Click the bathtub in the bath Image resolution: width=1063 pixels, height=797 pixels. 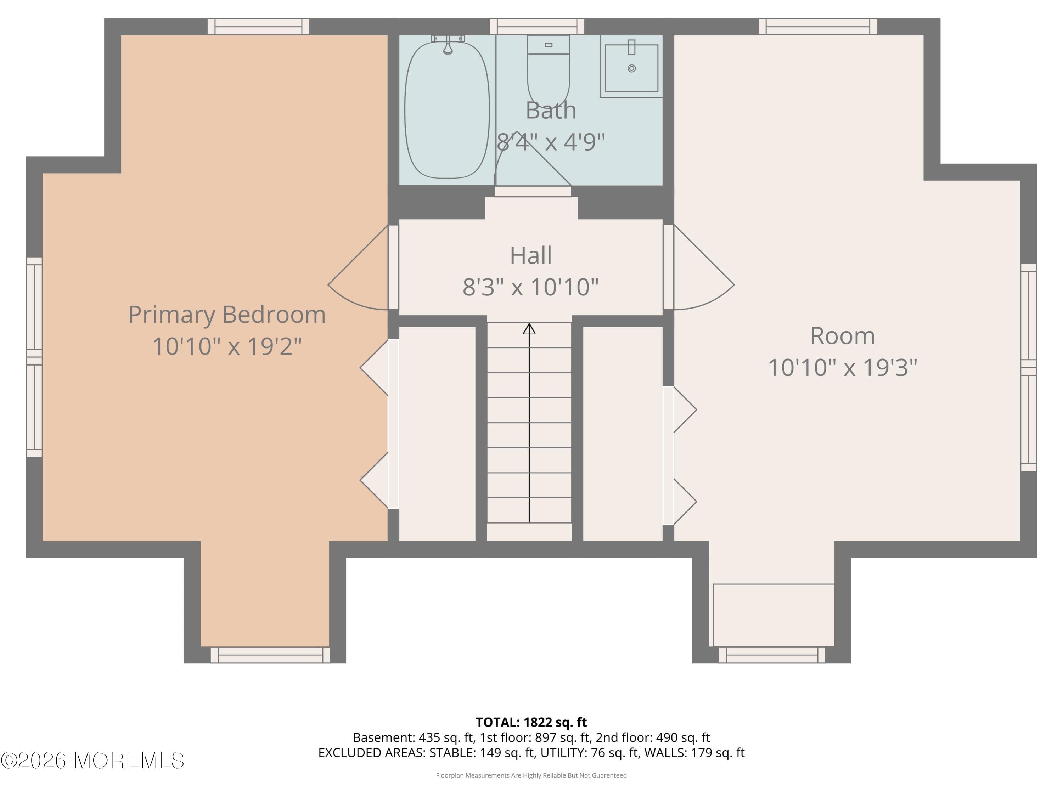coord(446,111)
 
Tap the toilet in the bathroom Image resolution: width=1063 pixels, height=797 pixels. coord(548,72)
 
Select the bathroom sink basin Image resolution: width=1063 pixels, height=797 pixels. coord(631,68)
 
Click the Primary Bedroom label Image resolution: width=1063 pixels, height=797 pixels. coord(227,315)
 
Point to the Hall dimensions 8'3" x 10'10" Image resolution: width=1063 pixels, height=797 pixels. coord(530,287)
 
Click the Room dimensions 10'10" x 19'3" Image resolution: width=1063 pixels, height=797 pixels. coord(842,368)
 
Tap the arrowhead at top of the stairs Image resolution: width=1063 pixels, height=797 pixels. coord(529,329)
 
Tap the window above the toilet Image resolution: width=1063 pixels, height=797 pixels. coord(537,27)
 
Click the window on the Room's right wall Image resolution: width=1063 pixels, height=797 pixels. coord(1028,368)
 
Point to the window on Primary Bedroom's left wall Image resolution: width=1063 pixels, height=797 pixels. coord(34,357)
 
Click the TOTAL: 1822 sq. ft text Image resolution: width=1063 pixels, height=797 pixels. coord(531,722)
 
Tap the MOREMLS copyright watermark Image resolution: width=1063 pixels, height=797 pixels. coord(92,761)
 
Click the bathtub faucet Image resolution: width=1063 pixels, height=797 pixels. coord(448,46)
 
